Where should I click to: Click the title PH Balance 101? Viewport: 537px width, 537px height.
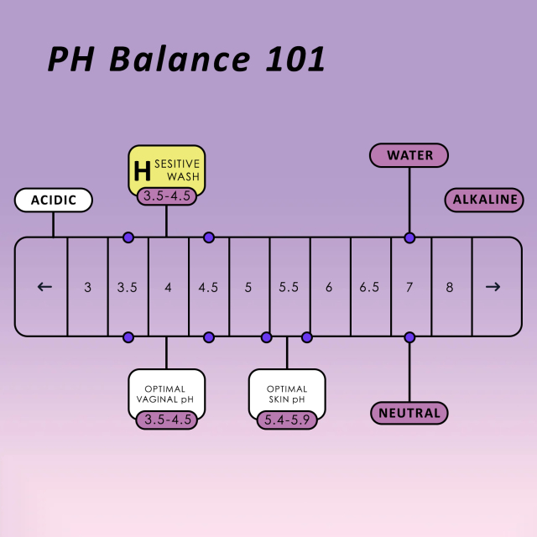[185, 60]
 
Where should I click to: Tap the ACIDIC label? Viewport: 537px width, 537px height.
[54, 201]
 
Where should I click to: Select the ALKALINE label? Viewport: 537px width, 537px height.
[484, 200]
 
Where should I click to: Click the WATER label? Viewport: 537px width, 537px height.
[409, 155]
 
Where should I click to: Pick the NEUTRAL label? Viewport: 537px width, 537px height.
[409, 413]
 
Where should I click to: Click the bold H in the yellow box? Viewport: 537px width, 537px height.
[143, 171]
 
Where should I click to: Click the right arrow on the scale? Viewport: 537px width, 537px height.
[493, 286]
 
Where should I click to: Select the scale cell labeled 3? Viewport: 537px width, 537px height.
[87, 287]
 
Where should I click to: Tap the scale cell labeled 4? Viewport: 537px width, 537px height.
[168, 287]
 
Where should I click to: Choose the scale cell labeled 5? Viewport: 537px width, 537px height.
[248, 287]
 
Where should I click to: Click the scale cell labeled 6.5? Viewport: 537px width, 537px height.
[369, 287]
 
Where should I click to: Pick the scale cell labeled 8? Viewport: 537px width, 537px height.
[450, 287]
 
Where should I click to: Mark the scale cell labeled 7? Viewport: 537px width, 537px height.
[409, 287]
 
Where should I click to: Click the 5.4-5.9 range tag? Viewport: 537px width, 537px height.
[287, 420]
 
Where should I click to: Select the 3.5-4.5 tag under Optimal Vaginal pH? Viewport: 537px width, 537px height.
[166, 420]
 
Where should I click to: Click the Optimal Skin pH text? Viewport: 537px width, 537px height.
[287, 394]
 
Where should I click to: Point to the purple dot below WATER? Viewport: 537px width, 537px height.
[409, 237]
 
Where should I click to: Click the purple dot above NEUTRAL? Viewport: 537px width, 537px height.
[409, 337]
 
